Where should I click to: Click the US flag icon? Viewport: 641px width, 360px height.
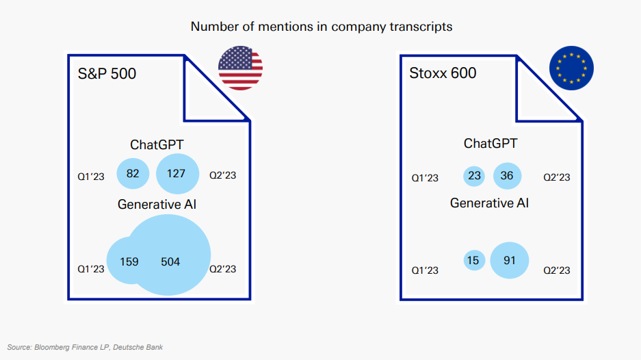click(240, 68)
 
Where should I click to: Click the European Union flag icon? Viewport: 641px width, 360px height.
click(571, 68)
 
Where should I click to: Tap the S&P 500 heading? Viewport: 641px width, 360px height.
click(107, 74)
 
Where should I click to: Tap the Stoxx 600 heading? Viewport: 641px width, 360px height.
click(443, 73)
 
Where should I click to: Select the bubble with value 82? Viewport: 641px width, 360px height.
click(133, 173)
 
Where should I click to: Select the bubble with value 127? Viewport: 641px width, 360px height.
click(177, 174)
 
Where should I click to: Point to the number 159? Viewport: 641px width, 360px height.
click(129, 262)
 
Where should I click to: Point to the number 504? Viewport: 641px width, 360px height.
click(170, 262)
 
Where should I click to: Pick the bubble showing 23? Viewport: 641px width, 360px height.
click(474, 176)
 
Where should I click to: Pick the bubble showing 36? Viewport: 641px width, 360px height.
click(508, 176)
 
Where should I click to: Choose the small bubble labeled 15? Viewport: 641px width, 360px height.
click(474, 260)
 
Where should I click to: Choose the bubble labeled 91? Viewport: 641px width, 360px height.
click(510, 260)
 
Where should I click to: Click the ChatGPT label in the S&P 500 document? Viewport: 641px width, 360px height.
click(157, 144)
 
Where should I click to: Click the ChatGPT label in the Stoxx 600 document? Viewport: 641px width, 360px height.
click(490, 143)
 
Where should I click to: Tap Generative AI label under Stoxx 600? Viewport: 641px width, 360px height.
click(489, 203)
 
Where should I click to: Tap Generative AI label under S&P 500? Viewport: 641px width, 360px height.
click(157, 204)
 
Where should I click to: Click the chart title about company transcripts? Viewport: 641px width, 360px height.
click(322, 27)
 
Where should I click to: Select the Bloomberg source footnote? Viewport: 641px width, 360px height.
click(85, 347)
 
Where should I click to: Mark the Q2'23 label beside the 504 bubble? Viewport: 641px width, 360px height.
click(223, 269)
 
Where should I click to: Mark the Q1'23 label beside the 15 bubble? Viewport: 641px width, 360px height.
click(425, 270)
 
